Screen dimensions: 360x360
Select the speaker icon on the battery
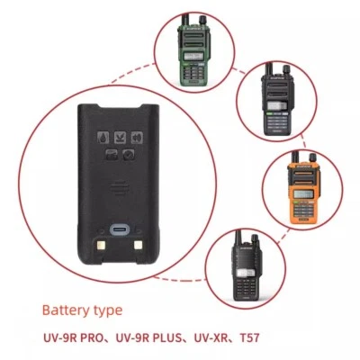[137, 138]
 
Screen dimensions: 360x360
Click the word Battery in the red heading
[67, 310]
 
